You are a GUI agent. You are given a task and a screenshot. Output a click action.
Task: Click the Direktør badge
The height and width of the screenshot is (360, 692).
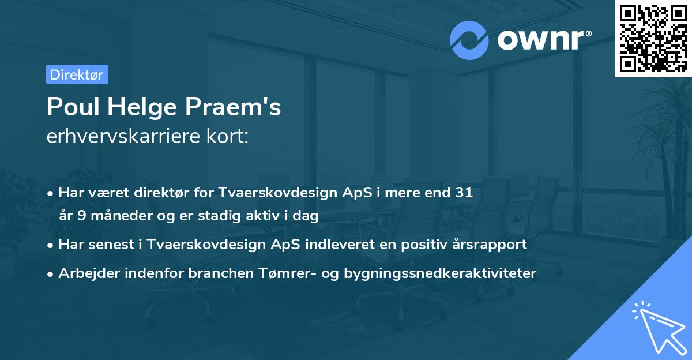[x=77, y=74]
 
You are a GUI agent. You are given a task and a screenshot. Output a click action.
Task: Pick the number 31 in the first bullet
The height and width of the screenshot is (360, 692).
[x=464, y=193]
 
